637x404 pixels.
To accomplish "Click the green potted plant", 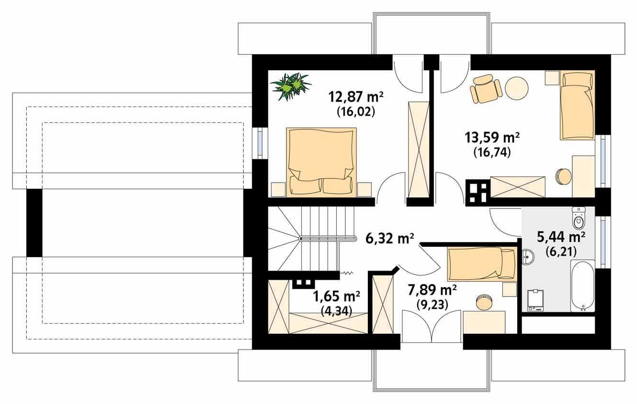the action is click(x=291, y=87).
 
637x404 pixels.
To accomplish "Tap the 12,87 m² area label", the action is click(x=356, y=97).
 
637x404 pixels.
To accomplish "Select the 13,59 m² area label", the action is click(x=492, y=138).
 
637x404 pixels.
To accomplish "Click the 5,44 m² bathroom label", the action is click(x=561, y=237).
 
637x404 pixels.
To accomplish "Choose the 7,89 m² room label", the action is click(x=432, y=290).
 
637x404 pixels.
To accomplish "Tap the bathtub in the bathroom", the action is click(x=582, y=286).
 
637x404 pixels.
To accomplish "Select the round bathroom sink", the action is click(x=528, y=257).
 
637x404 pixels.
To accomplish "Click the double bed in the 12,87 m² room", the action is click(x=321, y=162).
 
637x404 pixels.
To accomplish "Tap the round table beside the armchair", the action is click(x=516, y=88).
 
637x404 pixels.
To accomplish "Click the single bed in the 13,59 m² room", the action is click(x=577, y=105).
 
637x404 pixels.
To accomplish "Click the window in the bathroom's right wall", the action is click(x=603, y=242).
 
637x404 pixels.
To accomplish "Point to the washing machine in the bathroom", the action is click(x=535, y=300).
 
